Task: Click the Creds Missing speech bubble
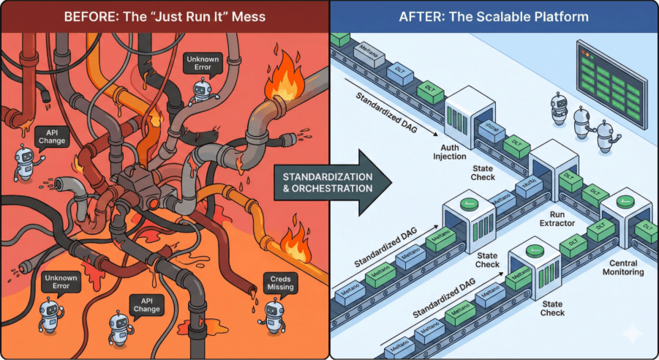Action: [x=280, y=282]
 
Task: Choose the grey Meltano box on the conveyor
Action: [x=365, y=51]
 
